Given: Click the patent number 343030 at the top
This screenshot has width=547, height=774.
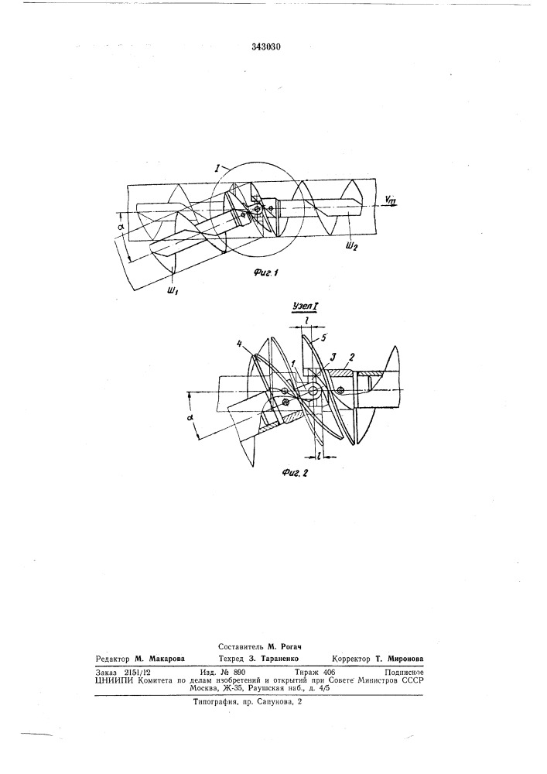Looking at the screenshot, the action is tap(266, 47).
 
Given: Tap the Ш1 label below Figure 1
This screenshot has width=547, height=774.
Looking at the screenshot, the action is tap(173, 292).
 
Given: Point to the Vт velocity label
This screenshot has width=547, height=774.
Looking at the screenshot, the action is tap(391, 199).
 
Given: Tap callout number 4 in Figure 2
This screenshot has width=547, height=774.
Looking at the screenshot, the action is tap(252, 345).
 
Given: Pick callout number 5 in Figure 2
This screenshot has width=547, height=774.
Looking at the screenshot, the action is tap(324, 337).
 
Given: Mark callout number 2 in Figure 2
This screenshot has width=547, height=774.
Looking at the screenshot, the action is tap(352, 356).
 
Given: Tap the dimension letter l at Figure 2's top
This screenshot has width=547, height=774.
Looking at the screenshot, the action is tap(309, 320).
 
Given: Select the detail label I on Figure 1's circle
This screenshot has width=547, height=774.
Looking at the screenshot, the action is tap(217, 169).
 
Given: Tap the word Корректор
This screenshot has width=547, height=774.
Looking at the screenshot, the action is tap(351, 659).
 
